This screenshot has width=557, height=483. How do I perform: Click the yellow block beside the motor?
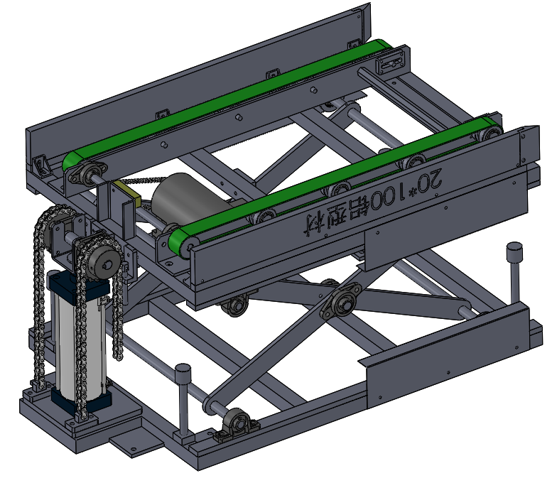[x=129, y=194]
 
